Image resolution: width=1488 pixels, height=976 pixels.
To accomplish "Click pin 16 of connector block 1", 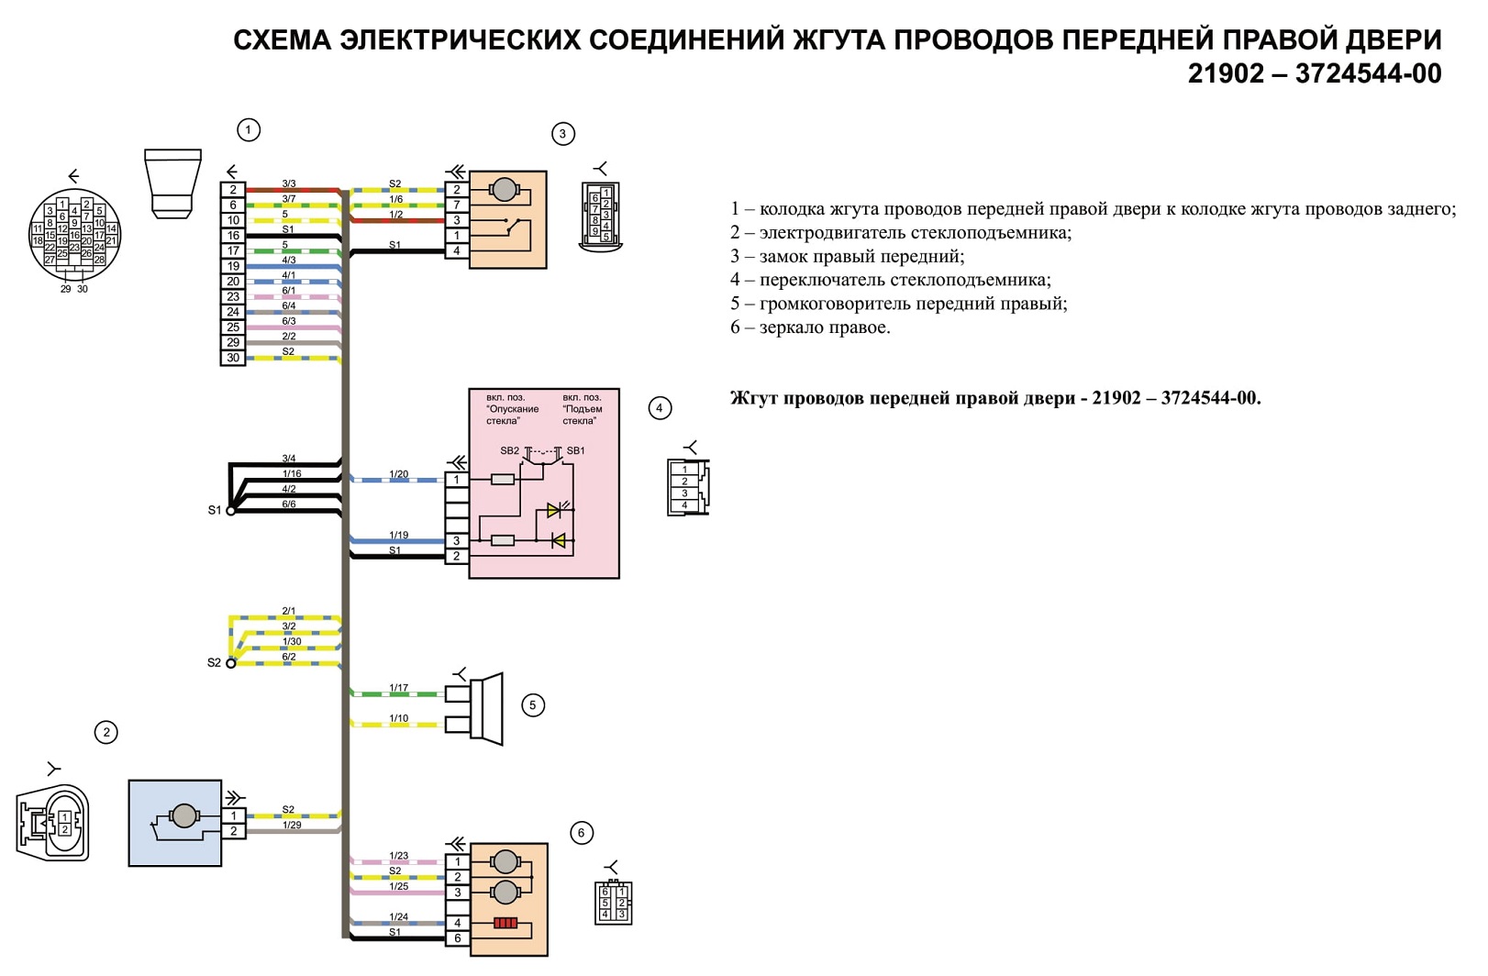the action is pyautogui.click(x=233, y=236).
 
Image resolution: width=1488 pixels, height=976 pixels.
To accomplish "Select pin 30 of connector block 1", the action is pyautogui.click(x=233, y=358).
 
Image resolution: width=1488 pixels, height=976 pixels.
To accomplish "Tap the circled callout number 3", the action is pyautogui.click(x=562, y=134).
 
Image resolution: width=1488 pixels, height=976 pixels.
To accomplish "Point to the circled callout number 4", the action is pyautogui.click(x=660, y=408).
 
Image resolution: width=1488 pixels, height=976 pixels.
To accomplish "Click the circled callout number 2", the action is pyautogui.click(x=106, y=733).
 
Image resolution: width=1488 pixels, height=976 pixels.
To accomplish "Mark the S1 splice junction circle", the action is pyautogui.click(x=230, y=511).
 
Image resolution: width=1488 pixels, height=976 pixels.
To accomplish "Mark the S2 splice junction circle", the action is pyautogui.click(x=230, y=663).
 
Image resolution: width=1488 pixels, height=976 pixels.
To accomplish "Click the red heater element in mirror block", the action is pyautogui.click(x=505, y=924).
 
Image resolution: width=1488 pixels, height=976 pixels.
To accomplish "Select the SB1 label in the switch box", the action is pyautogui.click(x=576, y=450).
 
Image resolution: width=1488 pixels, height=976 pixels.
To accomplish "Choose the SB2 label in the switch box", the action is pyautogui.click(x=509, y=450).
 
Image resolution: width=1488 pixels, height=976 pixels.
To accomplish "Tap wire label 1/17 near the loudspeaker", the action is pyautogui.click(x=398, y=688).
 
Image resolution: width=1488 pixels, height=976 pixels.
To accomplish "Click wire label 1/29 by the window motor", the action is pyautogui.click(x=292, y=826).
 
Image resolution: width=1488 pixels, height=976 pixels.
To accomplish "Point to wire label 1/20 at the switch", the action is pyautogui.click(x=398, y=474).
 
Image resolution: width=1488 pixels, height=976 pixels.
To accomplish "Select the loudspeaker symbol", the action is pyautogui.click(x=486, y=709).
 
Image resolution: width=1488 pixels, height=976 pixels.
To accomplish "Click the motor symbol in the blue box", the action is pyautogui.click(x=183, y=815).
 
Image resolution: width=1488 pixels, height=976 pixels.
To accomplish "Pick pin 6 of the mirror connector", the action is pyautogui.click(x=457, y=938).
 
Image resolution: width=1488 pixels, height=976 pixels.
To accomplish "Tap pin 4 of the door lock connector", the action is pyautogui.click(x=456, y=251).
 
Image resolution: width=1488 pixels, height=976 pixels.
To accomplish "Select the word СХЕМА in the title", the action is pyautogui.click(x=283, y=39).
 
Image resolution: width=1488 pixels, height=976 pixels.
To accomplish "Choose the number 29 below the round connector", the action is pyautogui.click(x=66, y=289).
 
